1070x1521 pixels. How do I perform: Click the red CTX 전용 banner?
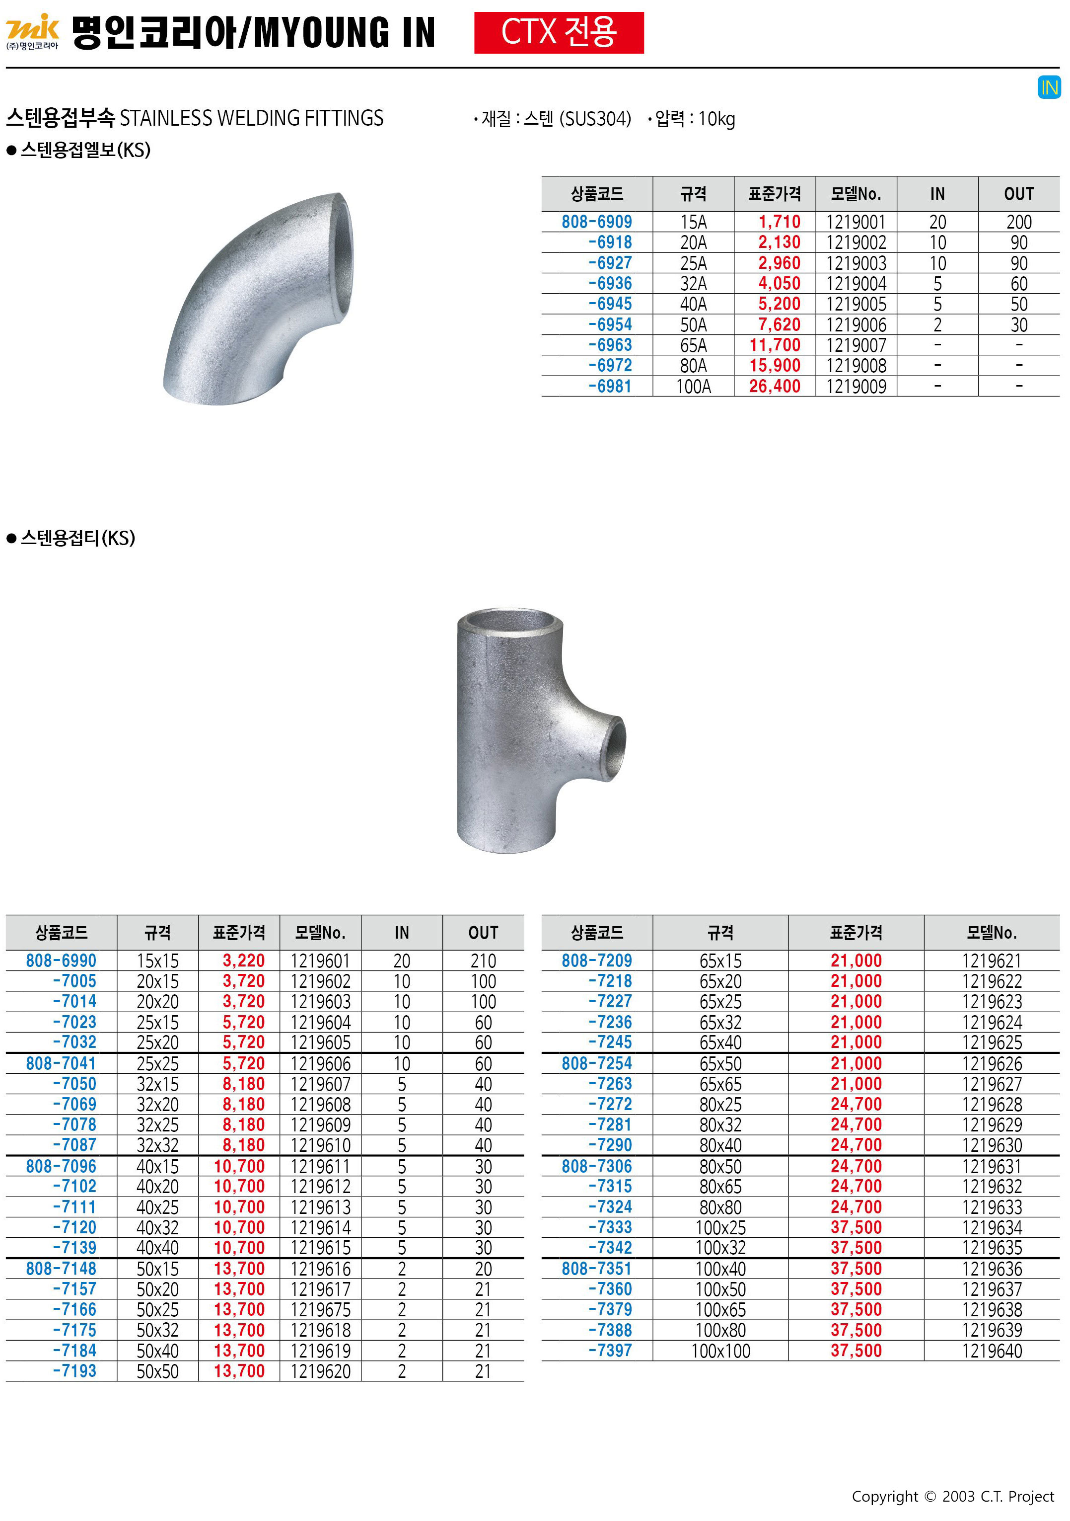tap(559, 32)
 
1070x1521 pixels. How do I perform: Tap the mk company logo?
tap(32, 32)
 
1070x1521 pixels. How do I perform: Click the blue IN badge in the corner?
tap(1049, 87)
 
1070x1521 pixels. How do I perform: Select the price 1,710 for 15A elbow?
tap(780, 222)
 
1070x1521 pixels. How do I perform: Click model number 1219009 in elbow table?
tap(856, 386)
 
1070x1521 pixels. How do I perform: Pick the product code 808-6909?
tap(597, 222)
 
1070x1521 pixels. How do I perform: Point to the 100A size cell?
tap(693, 386)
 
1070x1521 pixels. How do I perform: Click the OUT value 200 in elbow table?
tap(1019, 222)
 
